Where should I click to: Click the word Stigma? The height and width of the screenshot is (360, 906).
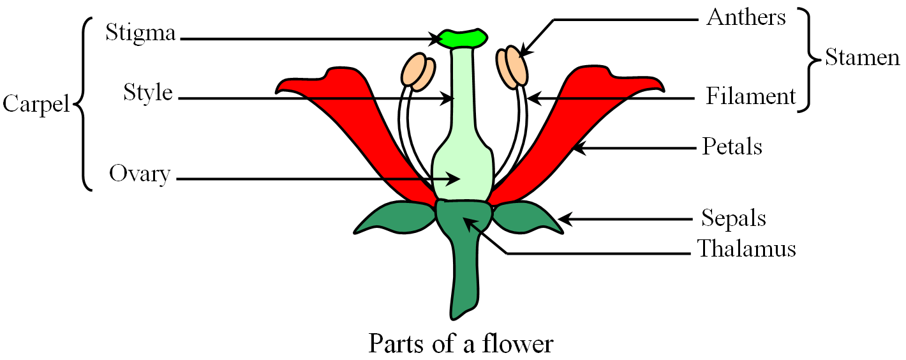click(140, 33)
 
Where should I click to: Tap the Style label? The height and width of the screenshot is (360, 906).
click(148, 93)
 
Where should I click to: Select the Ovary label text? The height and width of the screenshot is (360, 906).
click(140, 174)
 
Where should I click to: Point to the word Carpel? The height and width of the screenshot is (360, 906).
click(36, 103)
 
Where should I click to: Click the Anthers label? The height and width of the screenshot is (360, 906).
click(746, 17)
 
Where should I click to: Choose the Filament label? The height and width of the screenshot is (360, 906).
click(751, 96)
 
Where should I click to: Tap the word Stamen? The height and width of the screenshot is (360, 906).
click(862, 57)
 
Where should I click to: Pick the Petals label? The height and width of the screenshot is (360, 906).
click(732, 147)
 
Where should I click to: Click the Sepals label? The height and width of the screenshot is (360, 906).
click(734, 218)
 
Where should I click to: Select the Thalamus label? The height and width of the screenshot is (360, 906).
click(746, 248)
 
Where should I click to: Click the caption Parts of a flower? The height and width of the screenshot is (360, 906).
click(461, 344)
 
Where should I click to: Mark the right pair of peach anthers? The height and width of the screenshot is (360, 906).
click(514, 66)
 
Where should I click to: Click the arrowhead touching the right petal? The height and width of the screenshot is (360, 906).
click(577, 149)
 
